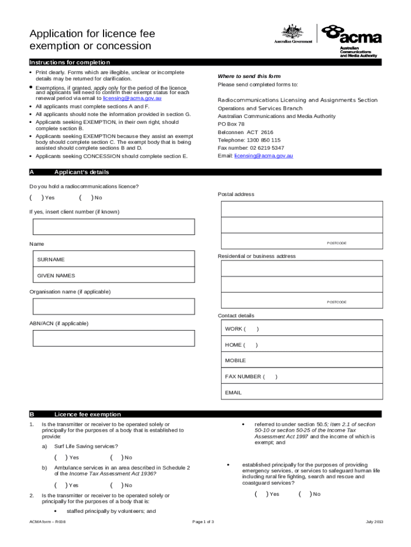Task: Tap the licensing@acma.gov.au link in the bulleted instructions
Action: [x=132, y=99]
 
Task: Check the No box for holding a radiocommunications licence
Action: [x=85, y=198]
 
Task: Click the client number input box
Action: [x=113, y=227]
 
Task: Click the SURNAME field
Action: [x=113, y=260]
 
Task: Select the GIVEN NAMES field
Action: [x=113, y=276]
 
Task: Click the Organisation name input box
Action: [x=113, y=307]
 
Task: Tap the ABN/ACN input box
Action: [x=113, y=338]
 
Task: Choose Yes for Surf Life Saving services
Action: [x=60, y=457]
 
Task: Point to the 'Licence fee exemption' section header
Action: [x=88, y=414]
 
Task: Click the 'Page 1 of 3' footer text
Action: [x=203, y=521]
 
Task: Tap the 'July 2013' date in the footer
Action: [x=374, y=521]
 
